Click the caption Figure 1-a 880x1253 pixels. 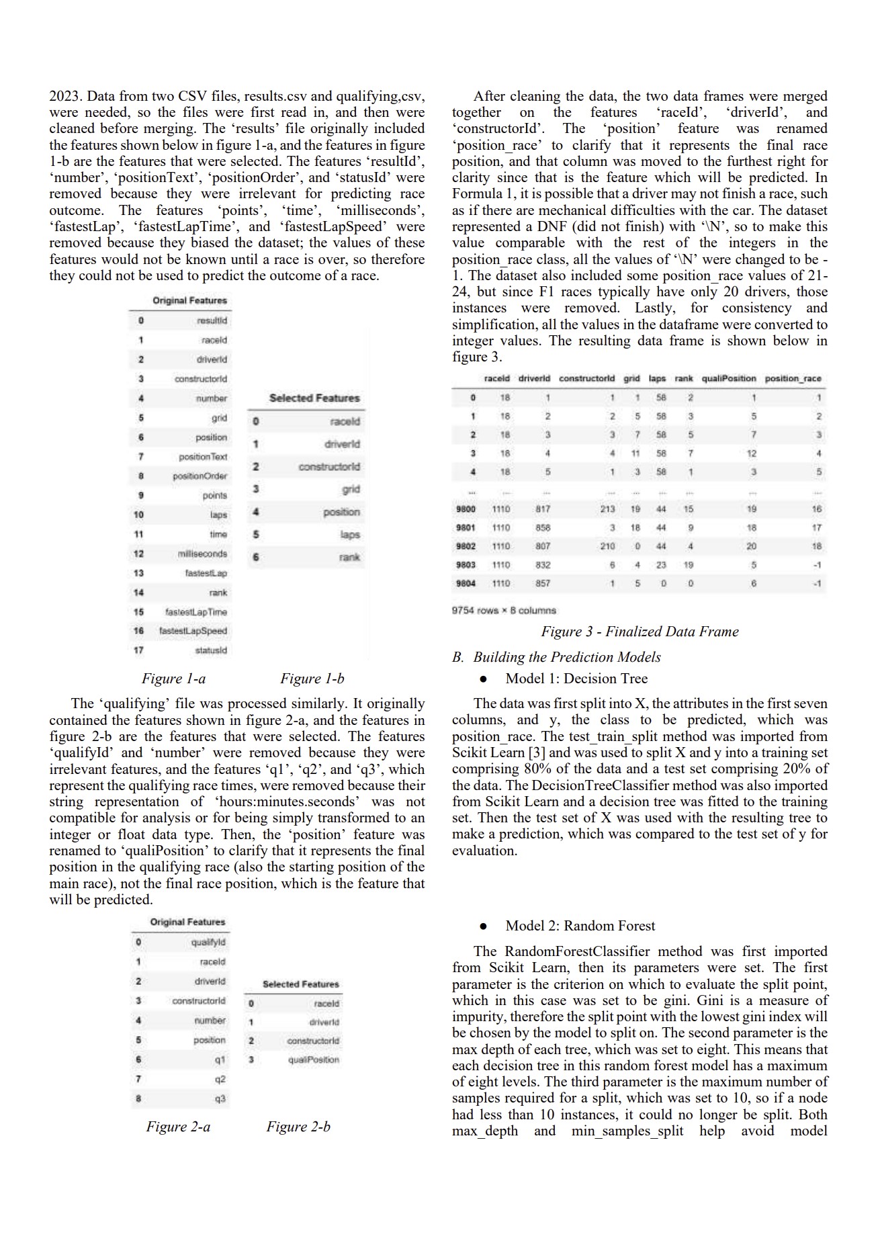point(173,679)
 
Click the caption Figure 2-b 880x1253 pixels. point(298,1127)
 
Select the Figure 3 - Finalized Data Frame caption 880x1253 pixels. point(640,632)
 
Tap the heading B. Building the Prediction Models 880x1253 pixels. point(557,657)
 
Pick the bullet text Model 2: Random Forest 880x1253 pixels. point(580,926)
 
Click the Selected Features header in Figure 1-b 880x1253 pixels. point(314,398)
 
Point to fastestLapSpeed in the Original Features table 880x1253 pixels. point(193,631)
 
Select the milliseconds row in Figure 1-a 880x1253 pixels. point(202,554)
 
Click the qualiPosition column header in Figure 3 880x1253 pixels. point(729,378)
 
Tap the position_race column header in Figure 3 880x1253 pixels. point(793,378)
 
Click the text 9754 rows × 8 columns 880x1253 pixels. point(504,611)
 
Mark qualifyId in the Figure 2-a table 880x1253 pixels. point(208,942)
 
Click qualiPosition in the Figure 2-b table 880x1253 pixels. point(313,1060)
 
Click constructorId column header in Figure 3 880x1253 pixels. point(586,378)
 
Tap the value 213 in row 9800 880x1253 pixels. point(607,509)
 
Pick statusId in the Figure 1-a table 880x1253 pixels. point(211,650)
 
